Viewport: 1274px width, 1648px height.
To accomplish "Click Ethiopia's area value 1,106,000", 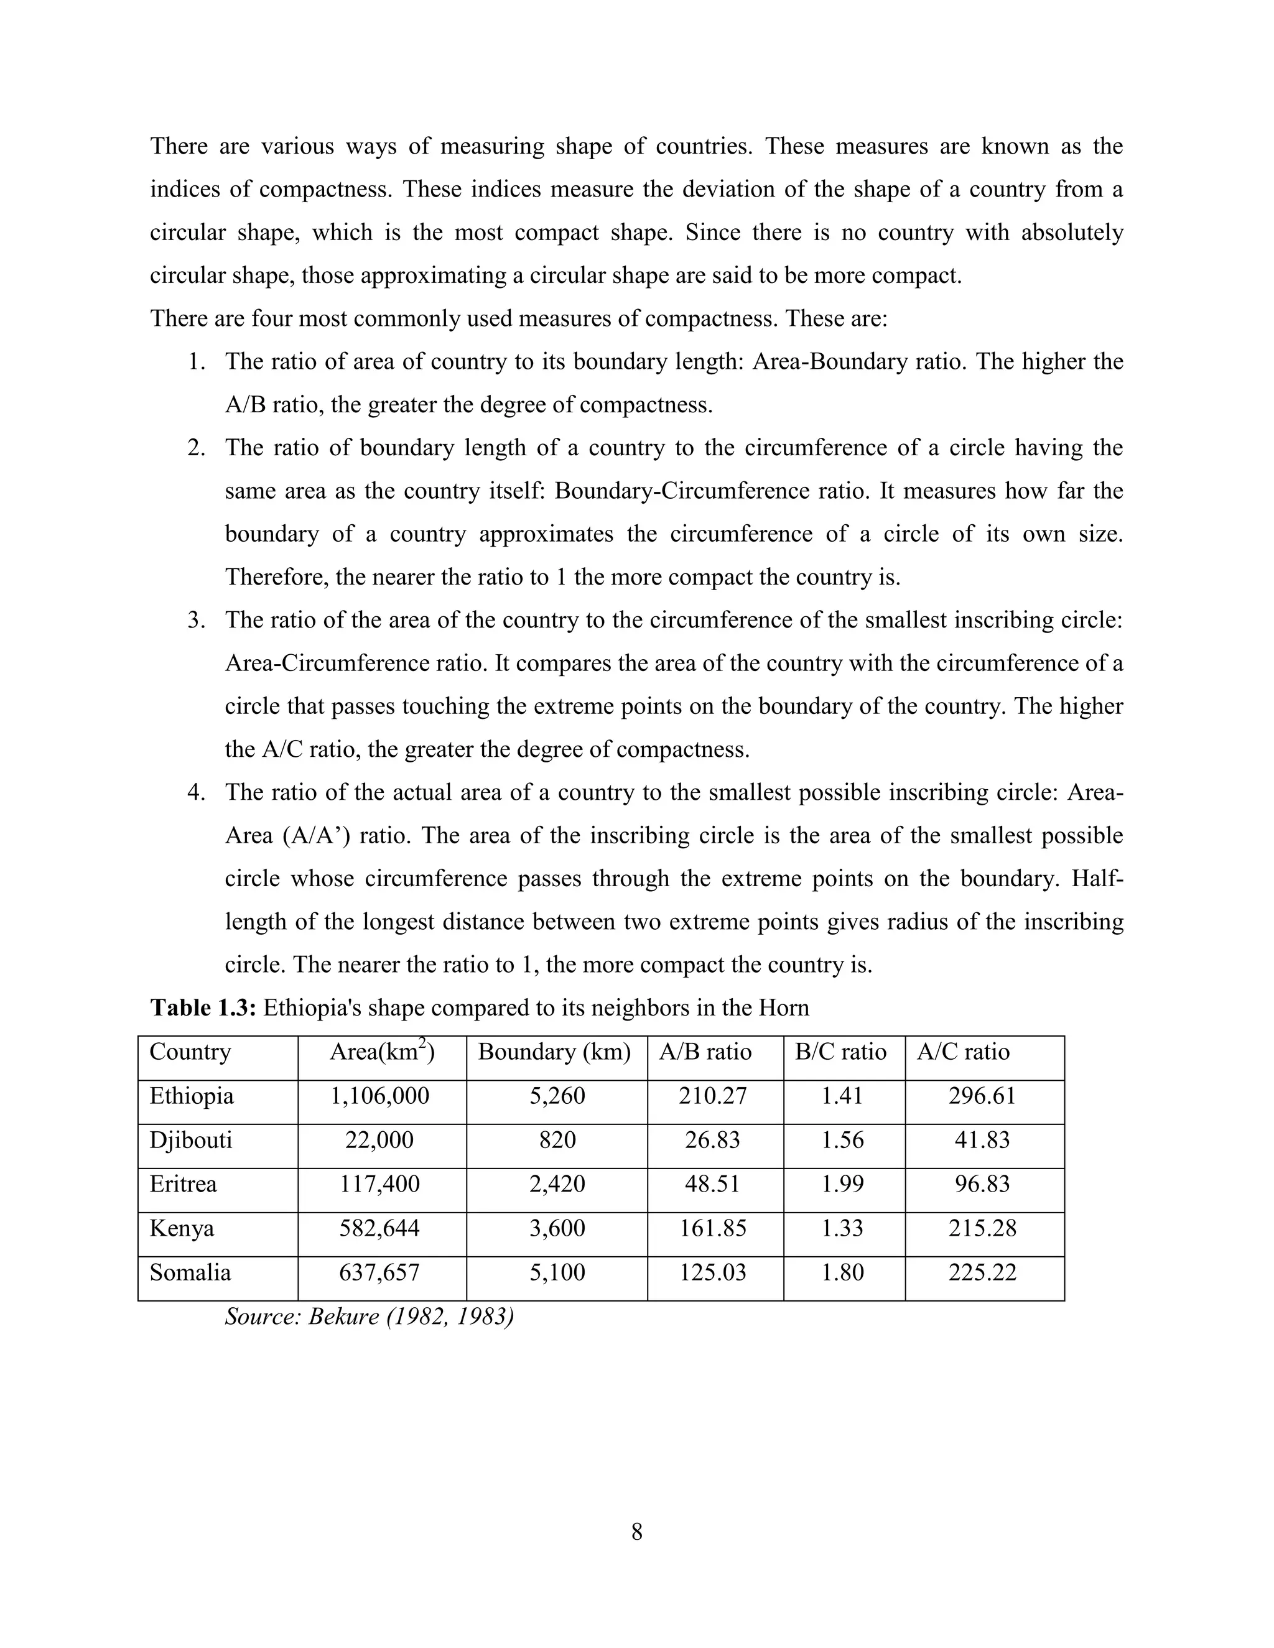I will coord(379,1096).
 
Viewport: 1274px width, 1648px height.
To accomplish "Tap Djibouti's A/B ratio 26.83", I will coord(712,1139).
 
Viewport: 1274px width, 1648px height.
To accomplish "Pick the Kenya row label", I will coord(182,1228).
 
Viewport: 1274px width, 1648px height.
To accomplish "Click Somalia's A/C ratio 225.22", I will coord(982,1272).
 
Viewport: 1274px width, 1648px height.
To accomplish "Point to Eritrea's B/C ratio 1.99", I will coord(842,1184).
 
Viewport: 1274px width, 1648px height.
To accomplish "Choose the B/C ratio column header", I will coord(841,1052).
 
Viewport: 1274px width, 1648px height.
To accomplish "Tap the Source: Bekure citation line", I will coord(369,1317).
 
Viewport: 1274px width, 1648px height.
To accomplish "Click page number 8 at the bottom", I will coord(636,1532).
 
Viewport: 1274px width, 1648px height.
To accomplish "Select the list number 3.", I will coord(196,620).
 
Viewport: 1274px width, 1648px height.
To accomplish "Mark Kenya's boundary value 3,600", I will coord(557,1228).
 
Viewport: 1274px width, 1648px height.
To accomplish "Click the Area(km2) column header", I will coord(381,1052).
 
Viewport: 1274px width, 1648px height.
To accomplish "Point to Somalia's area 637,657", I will coord(379,1272).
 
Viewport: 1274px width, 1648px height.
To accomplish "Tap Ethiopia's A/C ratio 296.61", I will coord(982,1096).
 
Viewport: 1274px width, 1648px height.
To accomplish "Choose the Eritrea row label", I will coord(184,1184).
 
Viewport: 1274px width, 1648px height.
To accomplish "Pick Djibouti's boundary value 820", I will coord(557,1139).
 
